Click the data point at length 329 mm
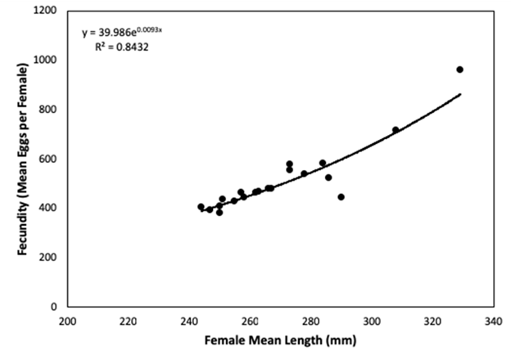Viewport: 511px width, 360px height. [x=459, y=70]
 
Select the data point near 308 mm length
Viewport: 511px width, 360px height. [x=396, y=130]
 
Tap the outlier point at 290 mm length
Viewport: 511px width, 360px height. [x=341, y=197]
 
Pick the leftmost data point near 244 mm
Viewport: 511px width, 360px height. [x=201, y=207]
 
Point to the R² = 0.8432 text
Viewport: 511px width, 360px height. [x=121, y=47]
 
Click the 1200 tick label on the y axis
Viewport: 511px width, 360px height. [x=45, y=11]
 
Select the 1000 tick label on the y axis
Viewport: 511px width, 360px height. [x=45, y=61]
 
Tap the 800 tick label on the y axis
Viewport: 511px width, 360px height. [x=47, y=110]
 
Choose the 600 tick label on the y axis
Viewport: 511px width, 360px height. [x=47, y=159]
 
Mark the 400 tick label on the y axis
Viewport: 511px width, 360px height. [x=47, y=208]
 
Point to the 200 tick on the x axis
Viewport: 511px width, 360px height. [x=68, y=321]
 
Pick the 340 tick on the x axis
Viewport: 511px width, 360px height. [x=492, y=321]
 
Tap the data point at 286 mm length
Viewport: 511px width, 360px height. [x=328, y=178]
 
